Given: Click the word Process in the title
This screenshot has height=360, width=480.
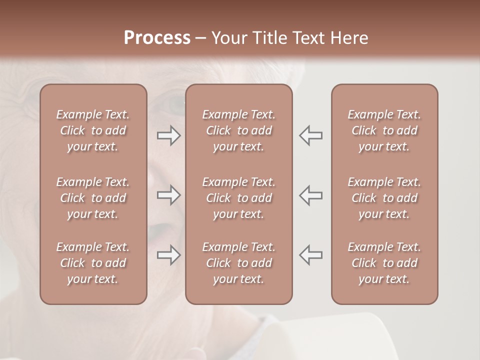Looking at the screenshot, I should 157,38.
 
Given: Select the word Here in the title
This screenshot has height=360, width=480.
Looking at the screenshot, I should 350,38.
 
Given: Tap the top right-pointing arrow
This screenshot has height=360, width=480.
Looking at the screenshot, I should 168,135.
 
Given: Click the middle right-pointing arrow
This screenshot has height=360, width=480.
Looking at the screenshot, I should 168,195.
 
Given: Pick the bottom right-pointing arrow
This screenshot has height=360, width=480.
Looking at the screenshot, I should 168,255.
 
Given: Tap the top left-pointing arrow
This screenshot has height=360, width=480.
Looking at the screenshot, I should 310,135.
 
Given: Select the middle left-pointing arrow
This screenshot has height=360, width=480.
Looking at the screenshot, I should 310,195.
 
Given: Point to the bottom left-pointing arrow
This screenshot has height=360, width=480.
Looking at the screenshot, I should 310,255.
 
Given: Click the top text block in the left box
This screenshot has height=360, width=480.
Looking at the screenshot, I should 93,130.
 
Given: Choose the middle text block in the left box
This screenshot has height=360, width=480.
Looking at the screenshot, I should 93,198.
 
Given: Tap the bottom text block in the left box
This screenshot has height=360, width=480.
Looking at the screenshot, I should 93,263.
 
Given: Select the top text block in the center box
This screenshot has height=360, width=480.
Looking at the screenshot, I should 238,130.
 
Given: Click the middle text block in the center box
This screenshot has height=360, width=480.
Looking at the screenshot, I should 238,198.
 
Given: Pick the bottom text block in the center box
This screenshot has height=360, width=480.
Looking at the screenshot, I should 238,263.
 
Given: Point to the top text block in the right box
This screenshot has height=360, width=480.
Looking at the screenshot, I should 384,130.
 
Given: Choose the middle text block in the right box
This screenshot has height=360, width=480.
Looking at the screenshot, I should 384,198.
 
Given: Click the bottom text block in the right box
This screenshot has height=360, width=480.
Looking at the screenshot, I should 384,263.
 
